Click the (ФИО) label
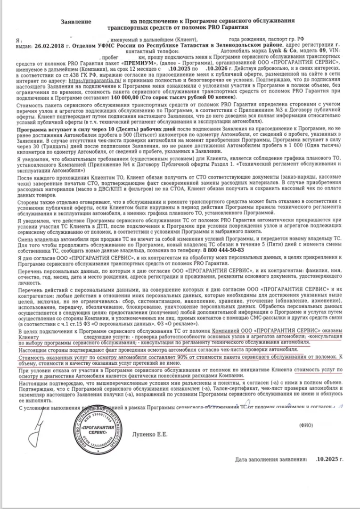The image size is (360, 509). coord(306,425)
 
